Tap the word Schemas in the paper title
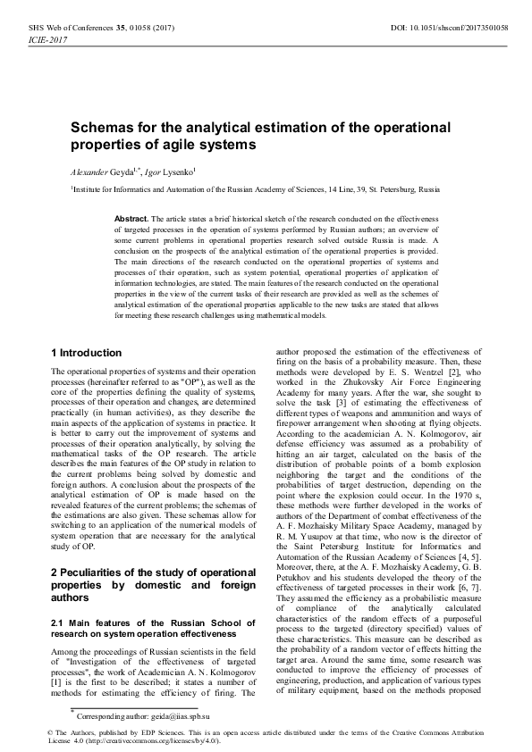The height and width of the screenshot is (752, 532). coord(108,127)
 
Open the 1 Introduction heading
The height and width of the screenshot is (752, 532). coord(87,353)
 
